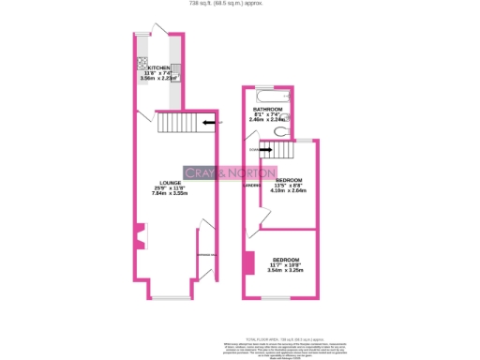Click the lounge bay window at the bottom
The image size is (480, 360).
coord(170,297)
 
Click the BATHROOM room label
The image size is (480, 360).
coord(268,110)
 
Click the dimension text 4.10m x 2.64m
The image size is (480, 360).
coord(289,190)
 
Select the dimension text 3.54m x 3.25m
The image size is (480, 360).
coord(285,271)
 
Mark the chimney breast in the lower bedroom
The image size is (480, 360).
coord(249,262)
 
